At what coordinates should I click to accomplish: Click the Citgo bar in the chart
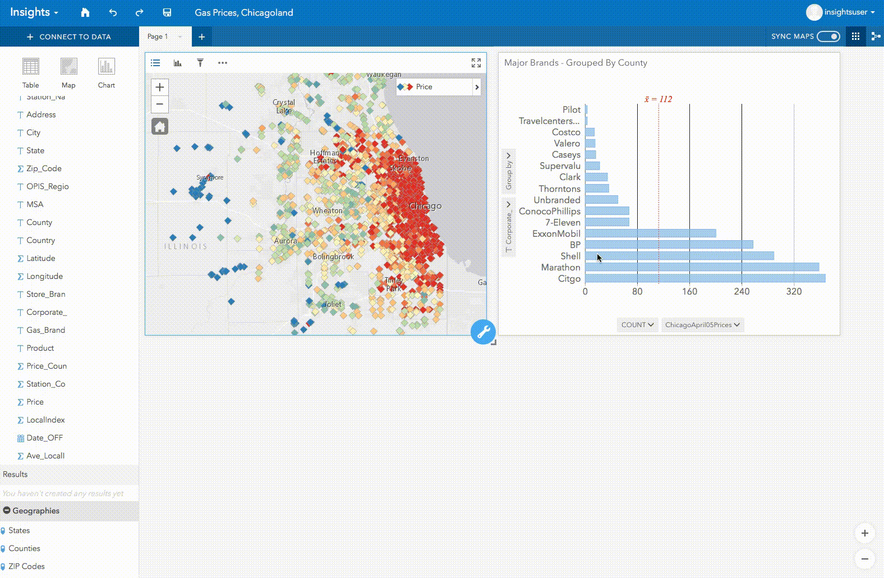(705, 278)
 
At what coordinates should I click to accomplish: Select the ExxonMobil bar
(650, 233)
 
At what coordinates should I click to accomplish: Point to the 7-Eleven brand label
(563, 222)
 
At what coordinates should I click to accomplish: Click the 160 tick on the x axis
(689, 292)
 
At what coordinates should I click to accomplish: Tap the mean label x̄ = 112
(658, 99)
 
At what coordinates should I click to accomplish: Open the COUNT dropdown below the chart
(637, 325)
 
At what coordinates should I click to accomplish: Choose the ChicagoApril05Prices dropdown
(702, 325)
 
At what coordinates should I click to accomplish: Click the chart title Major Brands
(575, 63)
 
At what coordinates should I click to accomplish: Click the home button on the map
(160, 127)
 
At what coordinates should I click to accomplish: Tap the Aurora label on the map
(286, 241)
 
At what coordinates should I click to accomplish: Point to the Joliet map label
(333, 304)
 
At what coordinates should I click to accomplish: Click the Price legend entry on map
(423, 87)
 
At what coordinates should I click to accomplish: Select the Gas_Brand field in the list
(45, 330)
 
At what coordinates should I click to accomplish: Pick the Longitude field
(44, 276)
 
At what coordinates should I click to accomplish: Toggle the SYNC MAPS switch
(828, 36)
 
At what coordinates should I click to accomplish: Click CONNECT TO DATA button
(70, 37)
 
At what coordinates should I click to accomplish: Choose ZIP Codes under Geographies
(26, 566)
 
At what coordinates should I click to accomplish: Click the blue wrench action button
(483, 332)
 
